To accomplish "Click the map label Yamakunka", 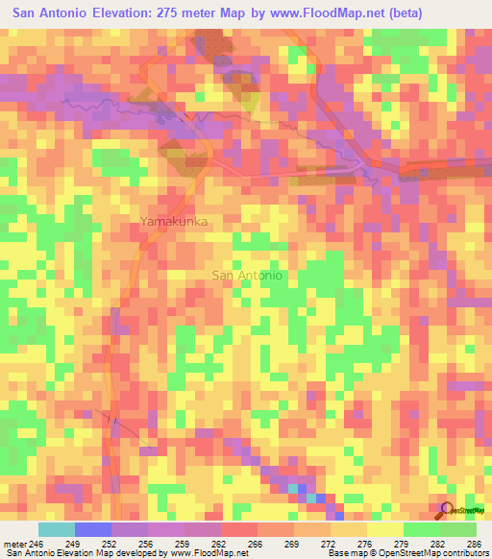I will (x=174, y=222).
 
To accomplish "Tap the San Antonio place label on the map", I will (x=246, y=276).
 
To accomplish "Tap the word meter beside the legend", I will (x=18, y=543).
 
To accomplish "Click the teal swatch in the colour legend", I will (x=57, y=529).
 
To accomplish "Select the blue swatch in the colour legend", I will (x=93, y=529).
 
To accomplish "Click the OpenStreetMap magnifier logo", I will (x=447, y=509).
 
